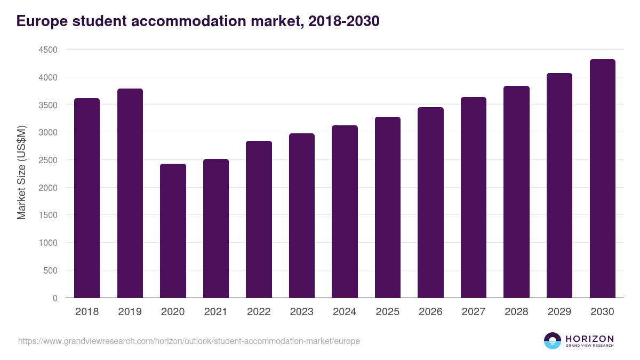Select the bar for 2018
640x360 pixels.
click(87, 198)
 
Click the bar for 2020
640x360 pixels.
click(173, 230)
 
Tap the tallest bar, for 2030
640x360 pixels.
click(602, 178)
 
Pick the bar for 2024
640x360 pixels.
click(345, 211)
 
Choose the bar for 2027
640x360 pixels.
click(473, 197)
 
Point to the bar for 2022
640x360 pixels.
click(259, 219)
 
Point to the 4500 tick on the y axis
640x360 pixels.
click(48, 50)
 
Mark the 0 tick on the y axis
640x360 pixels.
click(55, 298)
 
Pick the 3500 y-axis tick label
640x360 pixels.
click(48, 105)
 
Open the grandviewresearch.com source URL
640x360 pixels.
click(189, 341)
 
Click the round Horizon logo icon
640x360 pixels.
click(553, 341)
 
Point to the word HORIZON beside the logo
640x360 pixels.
click(589, 339)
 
